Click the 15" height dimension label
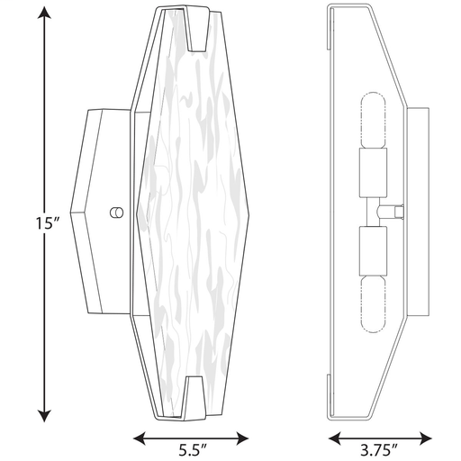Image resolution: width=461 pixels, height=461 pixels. pos(48,223)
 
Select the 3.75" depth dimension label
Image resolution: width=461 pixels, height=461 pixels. pos(379,450)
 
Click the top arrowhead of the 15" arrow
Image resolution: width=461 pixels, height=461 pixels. pos(44,13)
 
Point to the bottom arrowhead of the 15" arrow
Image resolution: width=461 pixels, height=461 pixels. pos(44,416)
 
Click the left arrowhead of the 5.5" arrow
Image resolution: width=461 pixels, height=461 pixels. pos(140,438)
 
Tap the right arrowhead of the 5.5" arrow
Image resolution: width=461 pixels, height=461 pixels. pos(242,438)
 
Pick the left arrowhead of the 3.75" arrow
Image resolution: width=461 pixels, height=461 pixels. pos(335,438)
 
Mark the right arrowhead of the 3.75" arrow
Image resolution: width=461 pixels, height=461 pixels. pos(426,438)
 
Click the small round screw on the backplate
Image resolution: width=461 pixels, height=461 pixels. pos(116,212)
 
